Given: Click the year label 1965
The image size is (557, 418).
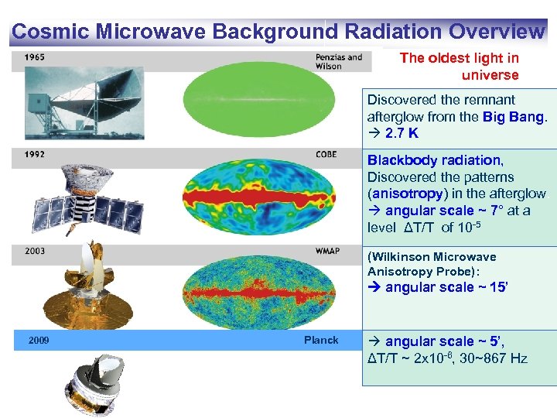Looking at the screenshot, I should (x=34, y=57).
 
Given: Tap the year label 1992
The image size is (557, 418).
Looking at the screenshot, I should (x=34, y=154).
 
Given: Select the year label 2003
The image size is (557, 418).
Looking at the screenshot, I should (x=34, y=251).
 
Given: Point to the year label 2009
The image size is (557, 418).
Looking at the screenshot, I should (x=39, y=341).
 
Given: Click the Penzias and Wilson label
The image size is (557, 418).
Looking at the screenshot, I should (x=338, y=61).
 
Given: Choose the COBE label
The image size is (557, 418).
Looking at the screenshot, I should (x=326, y=154).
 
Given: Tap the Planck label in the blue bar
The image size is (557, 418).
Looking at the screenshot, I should (x=320, y=341).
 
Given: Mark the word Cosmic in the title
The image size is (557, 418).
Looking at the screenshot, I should (x=50, y=32).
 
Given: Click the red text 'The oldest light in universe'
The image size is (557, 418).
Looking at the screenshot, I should (x=460, y=67).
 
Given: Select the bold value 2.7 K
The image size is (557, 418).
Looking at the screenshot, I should (x=402, y=133).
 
